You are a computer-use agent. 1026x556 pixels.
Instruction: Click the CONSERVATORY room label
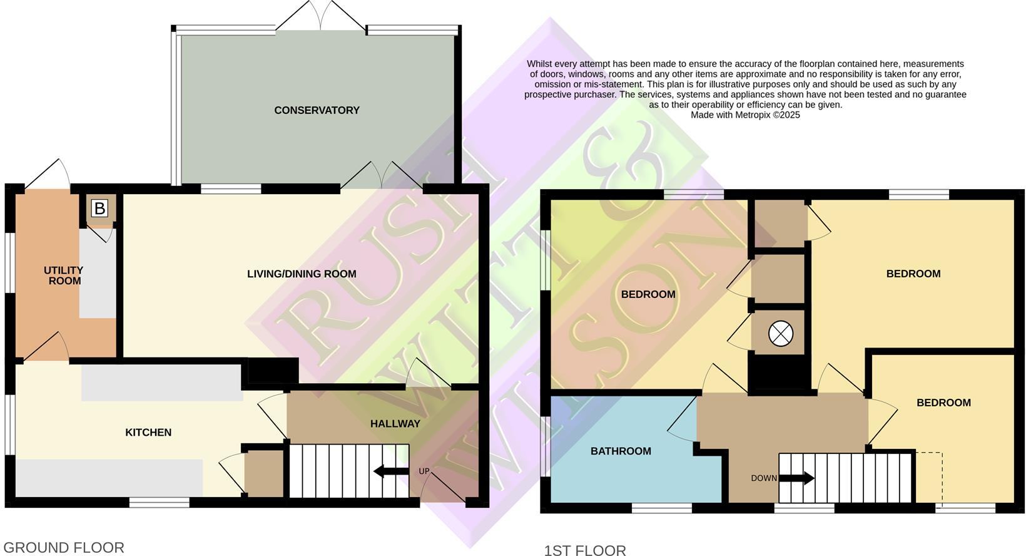[317, 110]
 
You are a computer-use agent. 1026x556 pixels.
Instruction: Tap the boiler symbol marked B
[99, 209]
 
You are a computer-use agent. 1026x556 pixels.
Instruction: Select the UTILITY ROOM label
[64, 275]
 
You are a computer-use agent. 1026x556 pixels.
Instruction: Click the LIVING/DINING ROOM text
[302, 274]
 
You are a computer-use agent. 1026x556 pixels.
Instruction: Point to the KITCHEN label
[148, 432]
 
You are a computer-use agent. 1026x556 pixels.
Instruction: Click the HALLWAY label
[395, 424]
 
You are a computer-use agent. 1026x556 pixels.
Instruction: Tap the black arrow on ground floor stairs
[391, 471]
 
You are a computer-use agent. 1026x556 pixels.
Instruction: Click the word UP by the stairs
[424, 471]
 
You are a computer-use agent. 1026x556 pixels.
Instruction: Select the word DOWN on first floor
[763, 478]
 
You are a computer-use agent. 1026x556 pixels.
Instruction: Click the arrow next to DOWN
[796, 478]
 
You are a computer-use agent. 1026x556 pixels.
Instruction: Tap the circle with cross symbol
[780, 334]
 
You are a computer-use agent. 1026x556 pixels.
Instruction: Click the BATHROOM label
[621, 451]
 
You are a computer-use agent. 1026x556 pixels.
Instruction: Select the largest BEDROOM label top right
[913, 274]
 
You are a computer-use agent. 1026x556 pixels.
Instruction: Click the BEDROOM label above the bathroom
[648, 294]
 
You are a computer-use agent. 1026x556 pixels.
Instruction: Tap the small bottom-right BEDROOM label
[943, 403]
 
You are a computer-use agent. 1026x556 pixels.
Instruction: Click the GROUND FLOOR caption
[64, 547]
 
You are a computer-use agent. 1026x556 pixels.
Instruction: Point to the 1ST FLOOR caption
[585, 550]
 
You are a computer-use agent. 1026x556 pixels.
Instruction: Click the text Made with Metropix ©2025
[745, 115]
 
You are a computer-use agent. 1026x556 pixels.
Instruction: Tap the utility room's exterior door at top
[49, 174]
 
